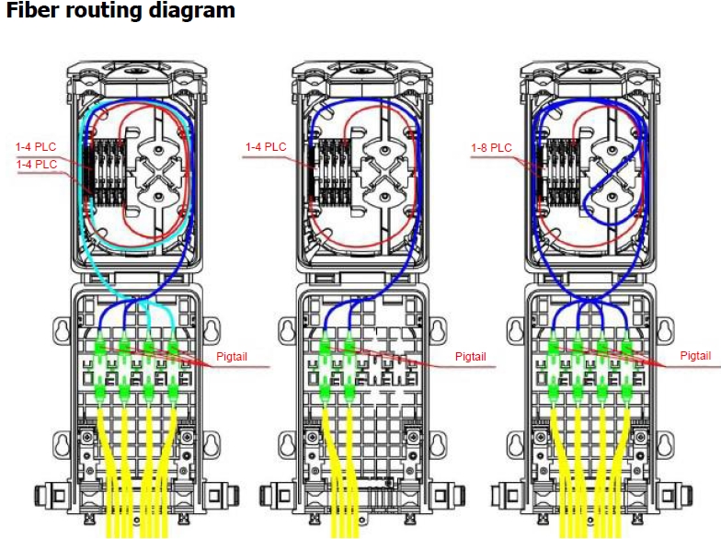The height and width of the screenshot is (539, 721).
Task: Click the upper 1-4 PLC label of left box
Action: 36,147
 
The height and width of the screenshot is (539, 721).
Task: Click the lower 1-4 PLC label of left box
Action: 37,164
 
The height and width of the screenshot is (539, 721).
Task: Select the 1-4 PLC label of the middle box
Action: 266,147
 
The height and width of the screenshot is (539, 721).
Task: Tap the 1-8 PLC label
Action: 491,147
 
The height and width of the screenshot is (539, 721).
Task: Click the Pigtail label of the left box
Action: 232,357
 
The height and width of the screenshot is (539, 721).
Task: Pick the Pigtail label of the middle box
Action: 471,357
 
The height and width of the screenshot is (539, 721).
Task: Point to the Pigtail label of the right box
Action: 695,355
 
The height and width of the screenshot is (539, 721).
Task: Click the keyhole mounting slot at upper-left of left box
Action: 61,329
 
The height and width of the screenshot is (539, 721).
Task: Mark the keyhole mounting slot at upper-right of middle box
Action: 440,329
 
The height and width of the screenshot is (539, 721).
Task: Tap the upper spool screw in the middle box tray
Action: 384,150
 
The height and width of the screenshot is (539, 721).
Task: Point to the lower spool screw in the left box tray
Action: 158,197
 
